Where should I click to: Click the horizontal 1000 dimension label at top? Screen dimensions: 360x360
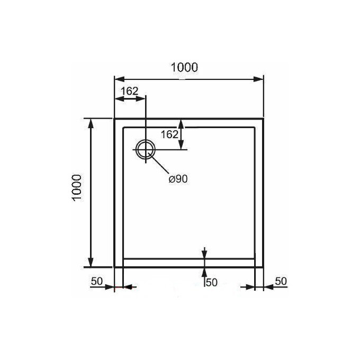coord(184,67)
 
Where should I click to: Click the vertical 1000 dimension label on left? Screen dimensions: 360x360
coord(77,188)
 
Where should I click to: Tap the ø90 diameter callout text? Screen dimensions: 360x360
coord(178,179)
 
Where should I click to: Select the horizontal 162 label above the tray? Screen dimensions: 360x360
coord(130,91)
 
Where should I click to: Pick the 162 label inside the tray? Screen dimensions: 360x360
coord(169,134)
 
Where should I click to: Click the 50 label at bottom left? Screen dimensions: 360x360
coord(97,281)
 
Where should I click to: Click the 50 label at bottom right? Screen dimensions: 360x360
coord(281,281)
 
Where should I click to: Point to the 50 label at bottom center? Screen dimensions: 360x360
coord(211,282)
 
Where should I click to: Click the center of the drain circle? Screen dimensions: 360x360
coord(146,149)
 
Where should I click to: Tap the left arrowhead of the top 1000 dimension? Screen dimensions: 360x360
coord(120,79)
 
